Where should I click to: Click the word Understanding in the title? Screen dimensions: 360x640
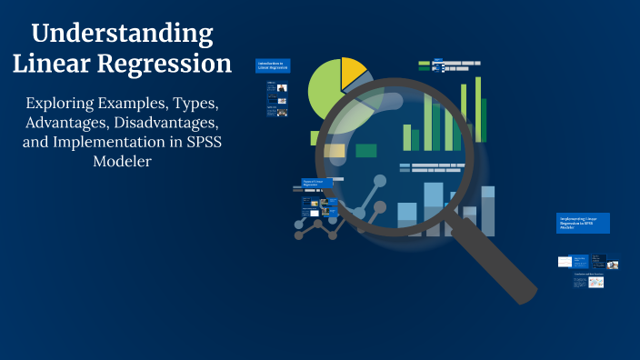click(122, 35)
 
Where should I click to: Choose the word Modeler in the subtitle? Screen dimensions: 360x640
click(122, 163)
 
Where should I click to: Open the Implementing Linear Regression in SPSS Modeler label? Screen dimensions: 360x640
click(582, 223)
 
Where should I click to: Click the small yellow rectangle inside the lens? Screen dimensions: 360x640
click(335, 151)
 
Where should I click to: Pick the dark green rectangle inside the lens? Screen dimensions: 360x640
click(366, 151)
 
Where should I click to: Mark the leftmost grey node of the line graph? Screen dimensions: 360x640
click(299, 235)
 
